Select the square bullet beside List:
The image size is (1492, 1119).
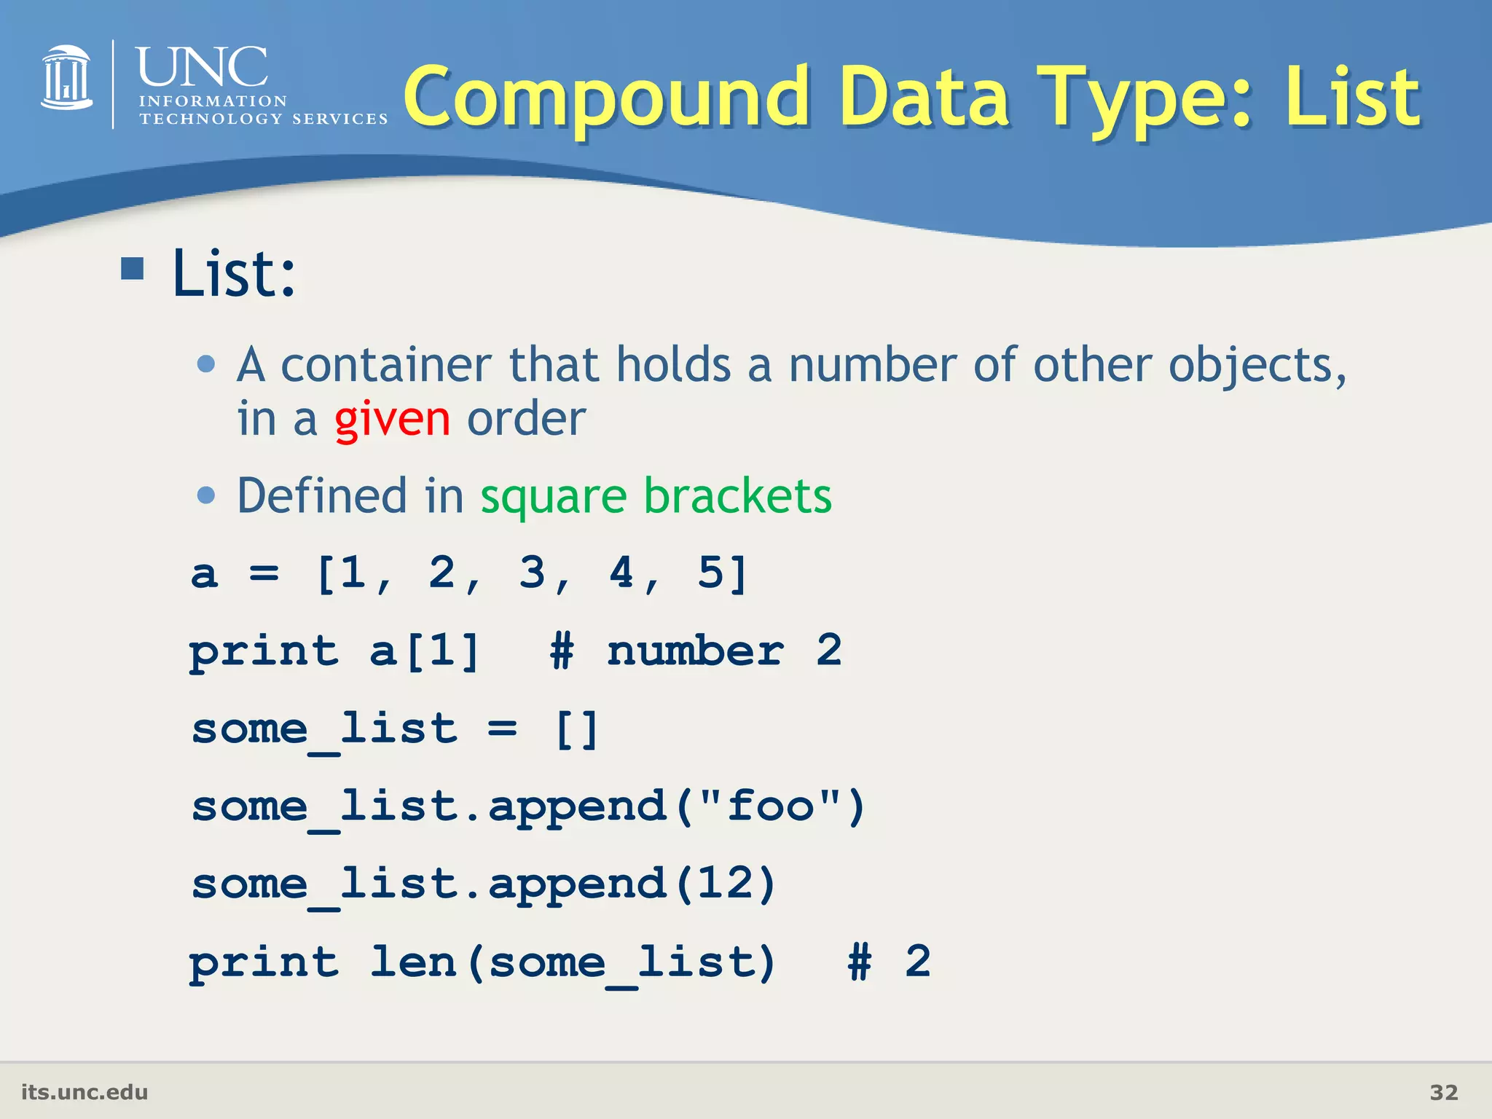tap(133, 269)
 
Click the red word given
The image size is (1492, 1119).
tap(392, 420)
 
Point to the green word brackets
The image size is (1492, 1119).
tap(737, 497)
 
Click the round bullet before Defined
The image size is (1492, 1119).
tap(207, 496)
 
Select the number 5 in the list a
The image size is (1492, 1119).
tap(711, 573)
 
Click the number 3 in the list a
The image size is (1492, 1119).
tap(533, 573)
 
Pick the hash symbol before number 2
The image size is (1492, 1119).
tap(562, 651)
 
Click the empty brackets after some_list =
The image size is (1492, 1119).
tap(577, 729)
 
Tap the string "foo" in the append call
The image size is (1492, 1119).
tap(770, 806)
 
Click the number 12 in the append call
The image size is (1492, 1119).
tap(726, 884)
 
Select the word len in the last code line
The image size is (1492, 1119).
tap(413, 962)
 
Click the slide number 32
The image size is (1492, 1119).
tap(1443, 1093)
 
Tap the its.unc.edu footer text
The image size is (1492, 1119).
tap(85, 1093)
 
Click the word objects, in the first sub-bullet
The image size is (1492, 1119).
tap(1257, 366)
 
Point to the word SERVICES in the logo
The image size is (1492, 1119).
tap(339, 119)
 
